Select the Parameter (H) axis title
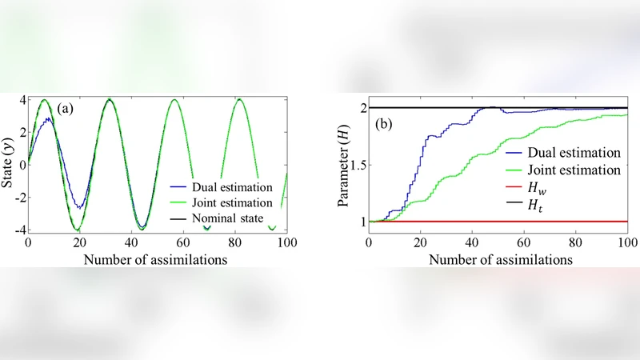[345, 164]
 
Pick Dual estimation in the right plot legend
[566, 150]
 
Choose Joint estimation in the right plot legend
[566, 170]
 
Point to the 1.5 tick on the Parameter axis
[355, 165]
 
